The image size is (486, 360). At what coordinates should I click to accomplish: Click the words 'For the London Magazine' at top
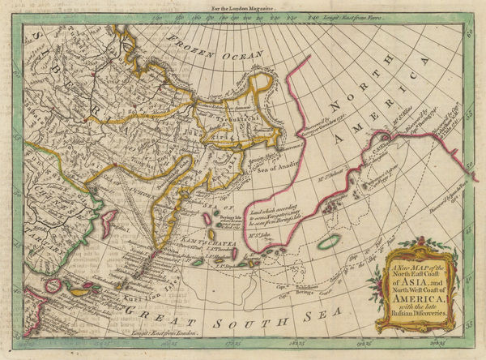[x=242, y=6]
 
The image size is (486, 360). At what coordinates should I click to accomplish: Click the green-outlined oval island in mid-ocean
[x=329, y=242]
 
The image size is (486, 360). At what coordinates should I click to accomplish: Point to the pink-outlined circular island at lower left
[x=55, y=285]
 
